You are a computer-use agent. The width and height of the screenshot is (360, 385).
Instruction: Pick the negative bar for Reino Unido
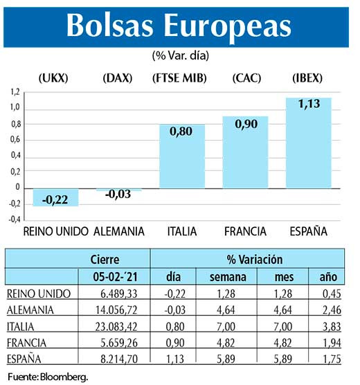pyautogui.click(x=56, y=197)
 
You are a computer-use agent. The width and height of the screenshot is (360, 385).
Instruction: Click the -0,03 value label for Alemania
pyautogui.click(x=118, y=195)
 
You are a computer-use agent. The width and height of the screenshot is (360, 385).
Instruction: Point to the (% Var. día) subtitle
pyautogui.click(x=179, y=54)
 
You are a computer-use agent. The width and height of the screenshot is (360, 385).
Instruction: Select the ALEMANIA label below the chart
pyautogui.click(x=118, y=231)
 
